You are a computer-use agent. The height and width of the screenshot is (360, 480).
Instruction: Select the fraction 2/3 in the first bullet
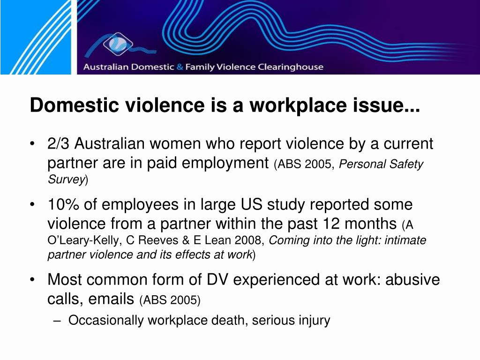tap(59, 144)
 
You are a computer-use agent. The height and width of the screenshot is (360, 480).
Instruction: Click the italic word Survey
tap(66, 179)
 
